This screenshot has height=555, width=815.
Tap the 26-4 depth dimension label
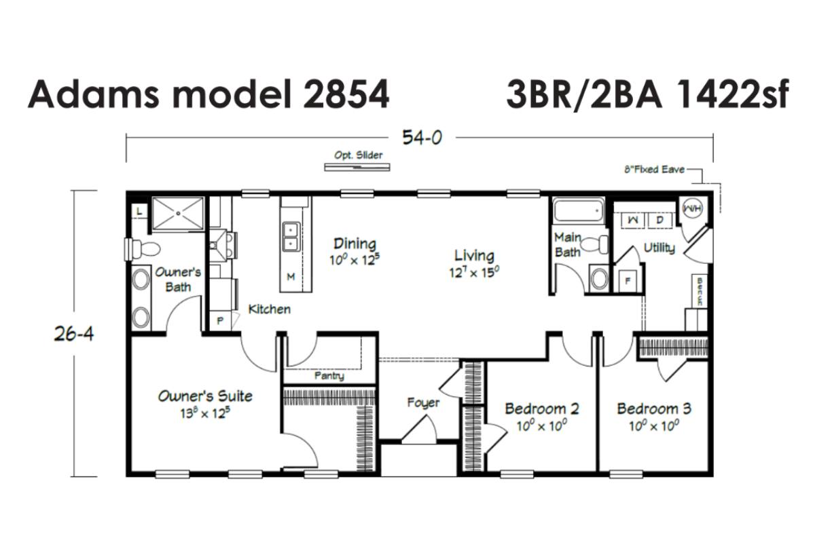(x=74, y=333)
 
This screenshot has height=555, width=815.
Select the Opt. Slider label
(x=359, y=155)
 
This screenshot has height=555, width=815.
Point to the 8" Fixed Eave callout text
(x=654, y=170)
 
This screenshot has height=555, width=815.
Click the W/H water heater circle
(x=692, y=208)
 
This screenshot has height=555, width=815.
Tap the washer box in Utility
(x=633, y=221)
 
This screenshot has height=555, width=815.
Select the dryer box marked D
(x=659, y=221)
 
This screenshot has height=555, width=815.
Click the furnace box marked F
(x=628, y=281)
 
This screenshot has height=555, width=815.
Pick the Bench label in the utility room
(x=700, y=292)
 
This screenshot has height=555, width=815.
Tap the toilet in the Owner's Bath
(x=143, y=249)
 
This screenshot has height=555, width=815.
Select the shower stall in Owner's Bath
(x=177, y=214)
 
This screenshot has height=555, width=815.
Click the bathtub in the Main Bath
(x=578, y=210)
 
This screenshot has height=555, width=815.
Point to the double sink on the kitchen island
(x=291, y=237)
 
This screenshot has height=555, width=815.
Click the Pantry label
(x=329, y=375)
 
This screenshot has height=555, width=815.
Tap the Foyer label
(x=423, y=403)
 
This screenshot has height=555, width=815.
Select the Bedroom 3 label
(x=654, y=408)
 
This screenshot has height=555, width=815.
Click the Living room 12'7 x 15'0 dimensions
(x=474, y=273)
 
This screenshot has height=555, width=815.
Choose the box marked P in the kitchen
(x=220, y=321)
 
